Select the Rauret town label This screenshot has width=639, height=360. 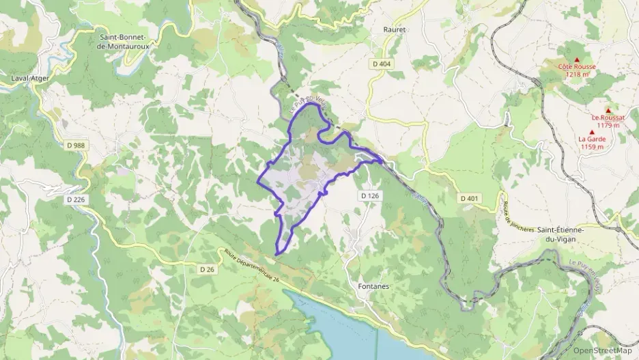[x=395, y=30]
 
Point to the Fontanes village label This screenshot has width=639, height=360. [x=373, y=286]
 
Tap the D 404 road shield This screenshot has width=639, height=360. [x=382, y=64]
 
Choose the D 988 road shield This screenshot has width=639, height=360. [x=78, y=145]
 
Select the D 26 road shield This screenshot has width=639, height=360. [x=207, y=269]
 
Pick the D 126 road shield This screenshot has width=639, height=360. [x=369, y=195]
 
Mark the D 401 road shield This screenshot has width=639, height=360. [x=469, y=198]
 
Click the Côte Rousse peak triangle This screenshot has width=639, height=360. [x=577, y=59]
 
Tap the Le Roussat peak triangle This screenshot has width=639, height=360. [x=608, y=111]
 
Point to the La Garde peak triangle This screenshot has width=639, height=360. [x=592, y=132]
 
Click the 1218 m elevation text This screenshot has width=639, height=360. [x=577, y=74]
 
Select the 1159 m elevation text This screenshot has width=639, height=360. [x=592, y=146]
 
